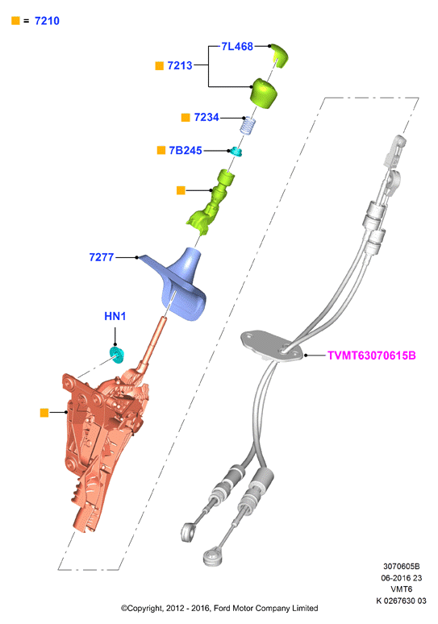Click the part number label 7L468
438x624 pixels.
tap(237, 47)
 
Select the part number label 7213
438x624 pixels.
tap(180, 65)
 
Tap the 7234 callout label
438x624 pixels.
tap(206, 118)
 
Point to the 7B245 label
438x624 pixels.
tap(186, 151)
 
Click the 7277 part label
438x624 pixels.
tap(102, 257)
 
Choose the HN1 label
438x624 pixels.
tap(115, 316)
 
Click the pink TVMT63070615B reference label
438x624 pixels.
tap(372, 356)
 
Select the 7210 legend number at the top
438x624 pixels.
tap(47, 21)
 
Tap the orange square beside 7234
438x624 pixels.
tap(186, 118)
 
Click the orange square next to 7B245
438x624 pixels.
tap(161, 150)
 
